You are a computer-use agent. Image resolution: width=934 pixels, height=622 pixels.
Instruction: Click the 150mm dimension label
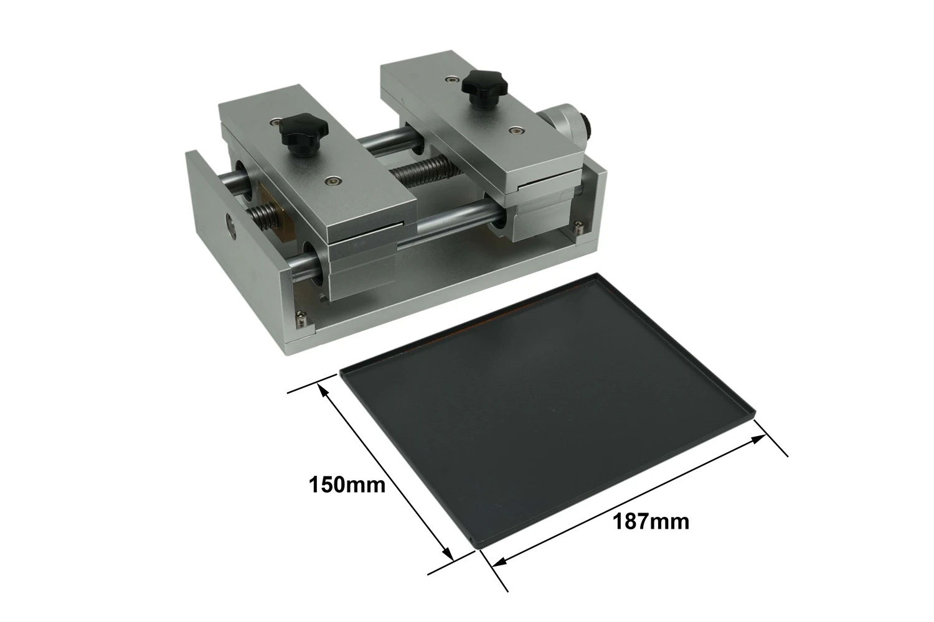click(x=347, y=485)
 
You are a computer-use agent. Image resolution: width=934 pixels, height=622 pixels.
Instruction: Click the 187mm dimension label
click(x=651, y=522)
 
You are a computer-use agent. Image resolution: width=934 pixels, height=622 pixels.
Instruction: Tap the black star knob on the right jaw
click(x=484, y=88)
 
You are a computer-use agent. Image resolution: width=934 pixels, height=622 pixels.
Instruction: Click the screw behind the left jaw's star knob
click(x=273, y=122)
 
